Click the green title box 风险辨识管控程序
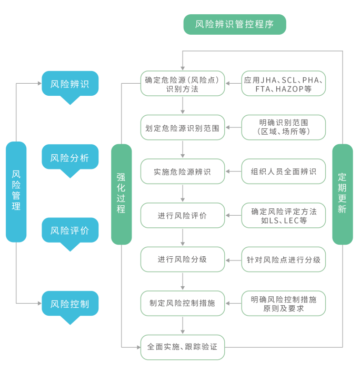(x=235, y=24)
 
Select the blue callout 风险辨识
(x=70, y=84)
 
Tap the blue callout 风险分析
(x=70, y=157)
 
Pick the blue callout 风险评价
(x=70, y=230)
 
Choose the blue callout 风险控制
(x=70, y=304)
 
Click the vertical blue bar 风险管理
(x=16, y=192)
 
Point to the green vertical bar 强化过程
(x=121, y=194)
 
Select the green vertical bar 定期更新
(x=343, y=194)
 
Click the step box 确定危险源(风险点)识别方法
(x=182, y=84)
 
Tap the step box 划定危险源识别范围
(x=182, y=127)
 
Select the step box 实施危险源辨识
(x=182, y=172)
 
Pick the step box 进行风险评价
(x=182, y=215)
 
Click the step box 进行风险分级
(x=182, y=259)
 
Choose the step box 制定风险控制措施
(x=182, y=303)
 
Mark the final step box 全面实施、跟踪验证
(x=182, y=347)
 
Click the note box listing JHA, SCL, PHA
(x=284, y=84)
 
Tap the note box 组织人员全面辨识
(x=284, y=172)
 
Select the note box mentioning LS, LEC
(x=284, y=215)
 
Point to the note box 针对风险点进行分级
(x=284, y=259)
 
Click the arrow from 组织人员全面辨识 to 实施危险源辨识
(x=233, y=172)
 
